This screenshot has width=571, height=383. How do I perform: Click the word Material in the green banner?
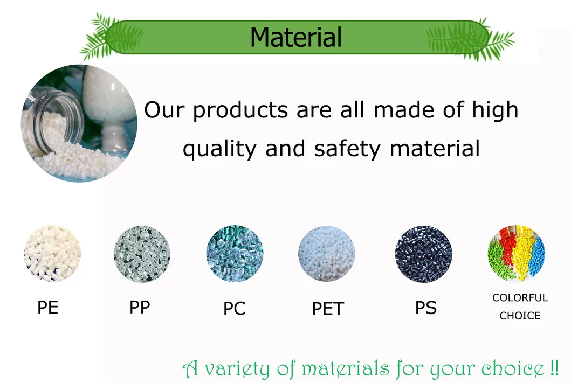[295, 37]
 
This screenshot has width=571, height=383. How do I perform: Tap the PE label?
[48, 308]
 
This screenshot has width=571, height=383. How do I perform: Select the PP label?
[140, 307]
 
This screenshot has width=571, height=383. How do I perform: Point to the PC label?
[234, 309]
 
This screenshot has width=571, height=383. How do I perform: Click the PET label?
[328, 309]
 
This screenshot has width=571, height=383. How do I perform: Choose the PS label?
[426, 308]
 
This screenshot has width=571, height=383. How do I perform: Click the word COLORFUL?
[520, 297]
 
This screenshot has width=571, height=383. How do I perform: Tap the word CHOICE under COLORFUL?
[520, 316]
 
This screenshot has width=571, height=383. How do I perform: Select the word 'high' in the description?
[495, 110]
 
